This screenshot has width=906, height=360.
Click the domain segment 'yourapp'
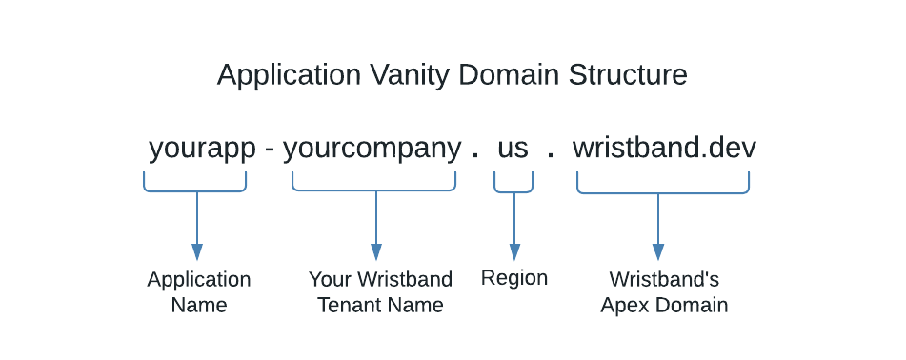point(202,149)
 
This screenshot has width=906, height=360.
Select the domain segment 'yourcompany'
point(372,149)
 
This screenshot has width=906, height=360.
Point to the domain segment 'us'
point(513,149)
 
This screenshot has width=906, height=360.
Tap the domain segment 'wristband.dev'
point(664,149)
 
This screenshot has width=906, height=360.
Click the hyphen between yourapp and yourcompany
point(270,150)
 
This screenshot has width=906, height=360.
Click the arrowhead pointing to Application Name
point(197,251)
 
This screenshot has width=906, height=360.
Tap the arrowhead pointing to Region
point(514,251)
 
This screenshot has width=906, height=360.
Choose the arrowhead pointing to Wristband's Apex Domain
point(658,251)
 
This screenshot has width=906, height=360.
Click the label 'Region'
point(514,278)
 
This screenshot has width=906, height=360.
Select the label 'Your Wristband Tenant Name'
point(380,292)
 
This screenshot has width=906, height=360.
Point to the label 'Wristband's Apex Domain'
point(664,292)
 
